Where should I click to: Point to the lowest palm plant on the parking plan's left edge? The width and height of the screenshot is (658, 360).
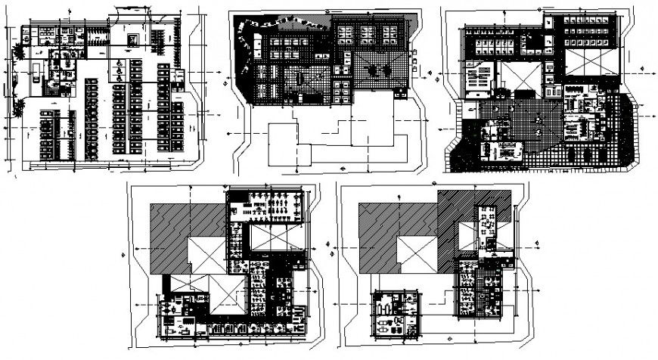click(x=19, y=108)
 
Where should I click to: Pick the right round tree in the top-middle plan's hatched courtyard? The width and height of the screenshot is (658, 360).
click(x=373, y=72)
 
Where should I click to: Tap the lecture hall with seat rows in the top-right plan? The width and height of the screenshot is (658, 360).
click(x=477, y=79)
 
